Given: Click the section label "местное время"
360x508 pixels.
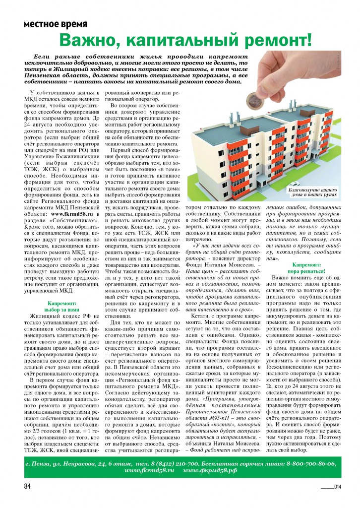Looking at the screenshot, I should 56,24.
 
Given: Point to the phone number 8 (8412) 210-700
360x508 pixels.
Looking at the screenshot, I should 167,463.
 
